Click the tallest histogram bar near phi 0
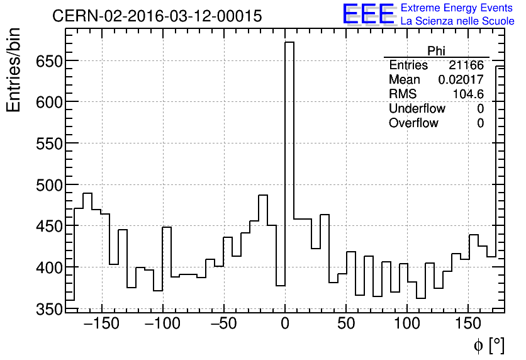[x=289, y=176]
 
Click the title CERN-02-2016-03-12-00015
[x=157, y=16]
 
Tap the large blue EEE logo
[x=369, y=14]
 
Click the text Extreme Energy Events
[x=457, y=8]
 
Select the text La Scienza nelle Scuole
[x=457, y=21]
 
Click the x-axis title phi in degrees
[x=488, y=346]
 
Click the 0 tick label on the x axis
[x=285, y=325]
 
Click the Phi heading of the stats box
[x=437, y=51]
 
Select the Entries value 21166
[x=466, y=65]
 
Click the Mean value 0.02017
[x=461, y=80]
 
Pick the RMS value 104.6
[x=468, y=94]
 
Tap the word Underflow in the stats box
[x=417, y=109]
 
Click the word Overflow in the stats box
[x=413, y=123]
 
